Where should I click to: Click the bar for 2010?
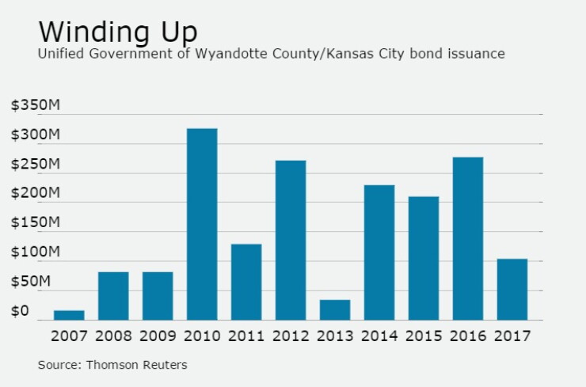tap(202, 224)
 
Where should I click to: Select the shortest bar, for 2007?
tap(69, 315)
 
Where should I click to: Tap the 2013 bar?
tap(335, 309)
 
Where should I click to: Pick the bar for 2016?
tap(468, 239)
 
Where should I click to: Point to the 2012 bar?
tap(291, 241)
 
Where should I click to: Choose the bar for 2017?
tap(512, 290)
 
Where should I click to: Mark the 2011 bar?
tap(246, 282)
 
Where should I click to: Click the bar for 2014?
tap(379, 252)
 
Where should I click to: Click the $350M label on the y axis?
tap(36, 105)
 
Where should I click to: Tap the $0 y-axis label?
tap(20, 311)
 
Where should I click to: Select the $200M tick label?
tap(36, 193)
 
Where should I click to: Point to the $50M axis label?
tap(31, 281)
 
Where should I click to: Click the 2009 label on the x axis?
tap(158, 336)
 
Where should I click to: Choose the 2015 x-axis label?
tap(424, 336)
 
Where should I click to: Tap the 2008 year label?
tap(113, 336)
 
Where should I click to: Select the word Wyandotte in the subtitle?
tap(231, 53)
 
